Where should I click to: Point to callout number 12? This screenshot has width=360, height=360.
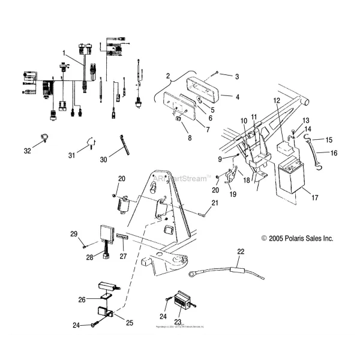click(276, 101)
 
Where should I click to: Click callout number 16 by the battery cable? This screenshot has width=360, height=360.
click(334, 153)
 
